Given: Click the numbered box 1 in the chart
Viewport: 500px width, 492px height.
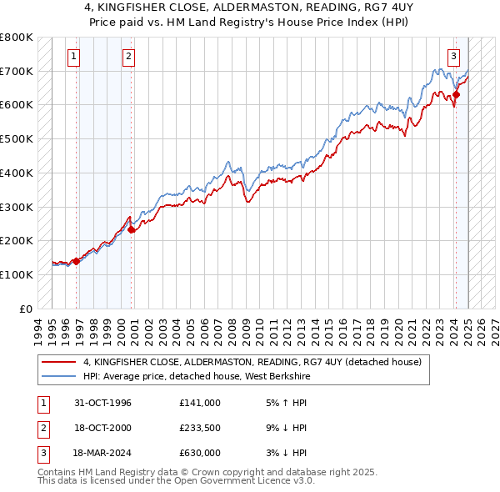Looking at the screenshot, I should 75,57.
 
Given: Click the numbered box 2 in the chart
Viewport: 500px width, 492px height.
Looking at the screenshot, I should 130,57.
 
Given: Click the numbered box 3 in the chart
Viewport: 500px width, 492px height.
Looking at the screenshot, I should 454,57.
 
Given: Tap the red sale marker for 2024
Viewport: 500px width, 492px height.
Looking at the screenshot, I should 456,94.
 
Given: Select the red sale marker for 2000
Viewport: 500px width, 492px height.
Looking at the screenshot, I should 132,229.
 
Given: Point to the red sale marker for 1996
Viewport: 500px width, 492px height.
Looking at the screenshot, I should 76,260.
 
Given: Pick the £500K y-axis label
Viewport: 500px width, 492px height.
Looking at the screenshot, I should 17,139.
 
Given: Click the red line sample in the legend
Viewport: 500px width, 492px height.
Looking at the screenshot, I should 59,362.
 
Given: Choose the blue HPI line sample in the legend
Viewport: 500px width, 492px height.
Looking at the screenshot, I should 59,375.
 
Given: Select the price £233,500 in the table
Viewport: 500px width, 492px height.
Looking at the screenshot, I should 200,428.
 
